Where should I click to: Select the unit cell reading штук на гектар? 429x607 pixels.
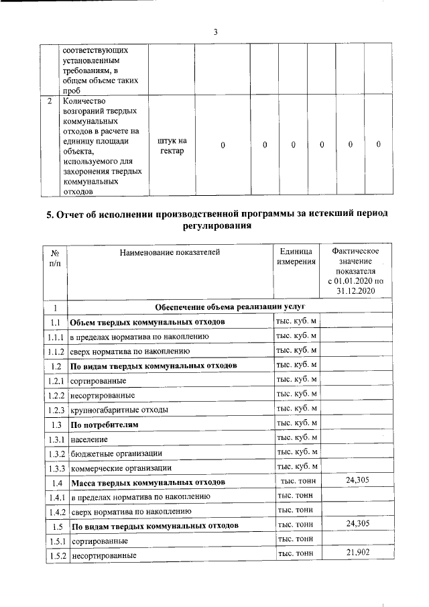click(172, 146)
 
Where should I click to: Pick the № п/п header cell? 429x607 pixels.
click(54, 258)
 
